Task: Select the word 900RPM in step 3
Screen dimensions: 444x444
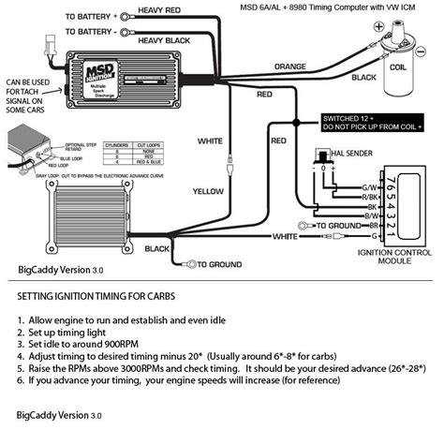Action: pos(148,343)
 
